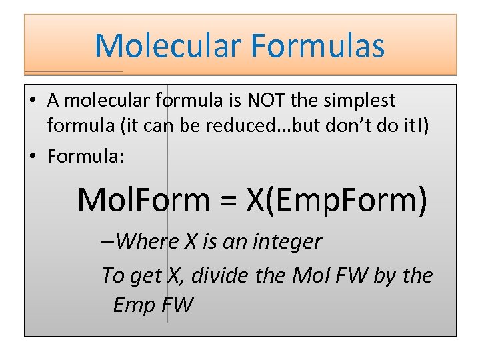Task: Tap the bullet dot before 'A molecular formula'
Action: pos(33,101)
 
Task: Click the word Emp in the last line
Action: pos(135,305)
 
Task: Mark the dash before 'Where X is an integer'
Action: pos(106,242)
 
